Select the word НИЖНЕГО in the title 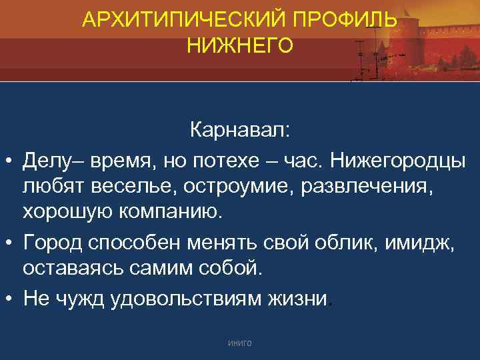pos(240,45)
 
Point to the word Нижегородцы pos(401,159)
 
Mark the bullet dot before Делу pos(11,161)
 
